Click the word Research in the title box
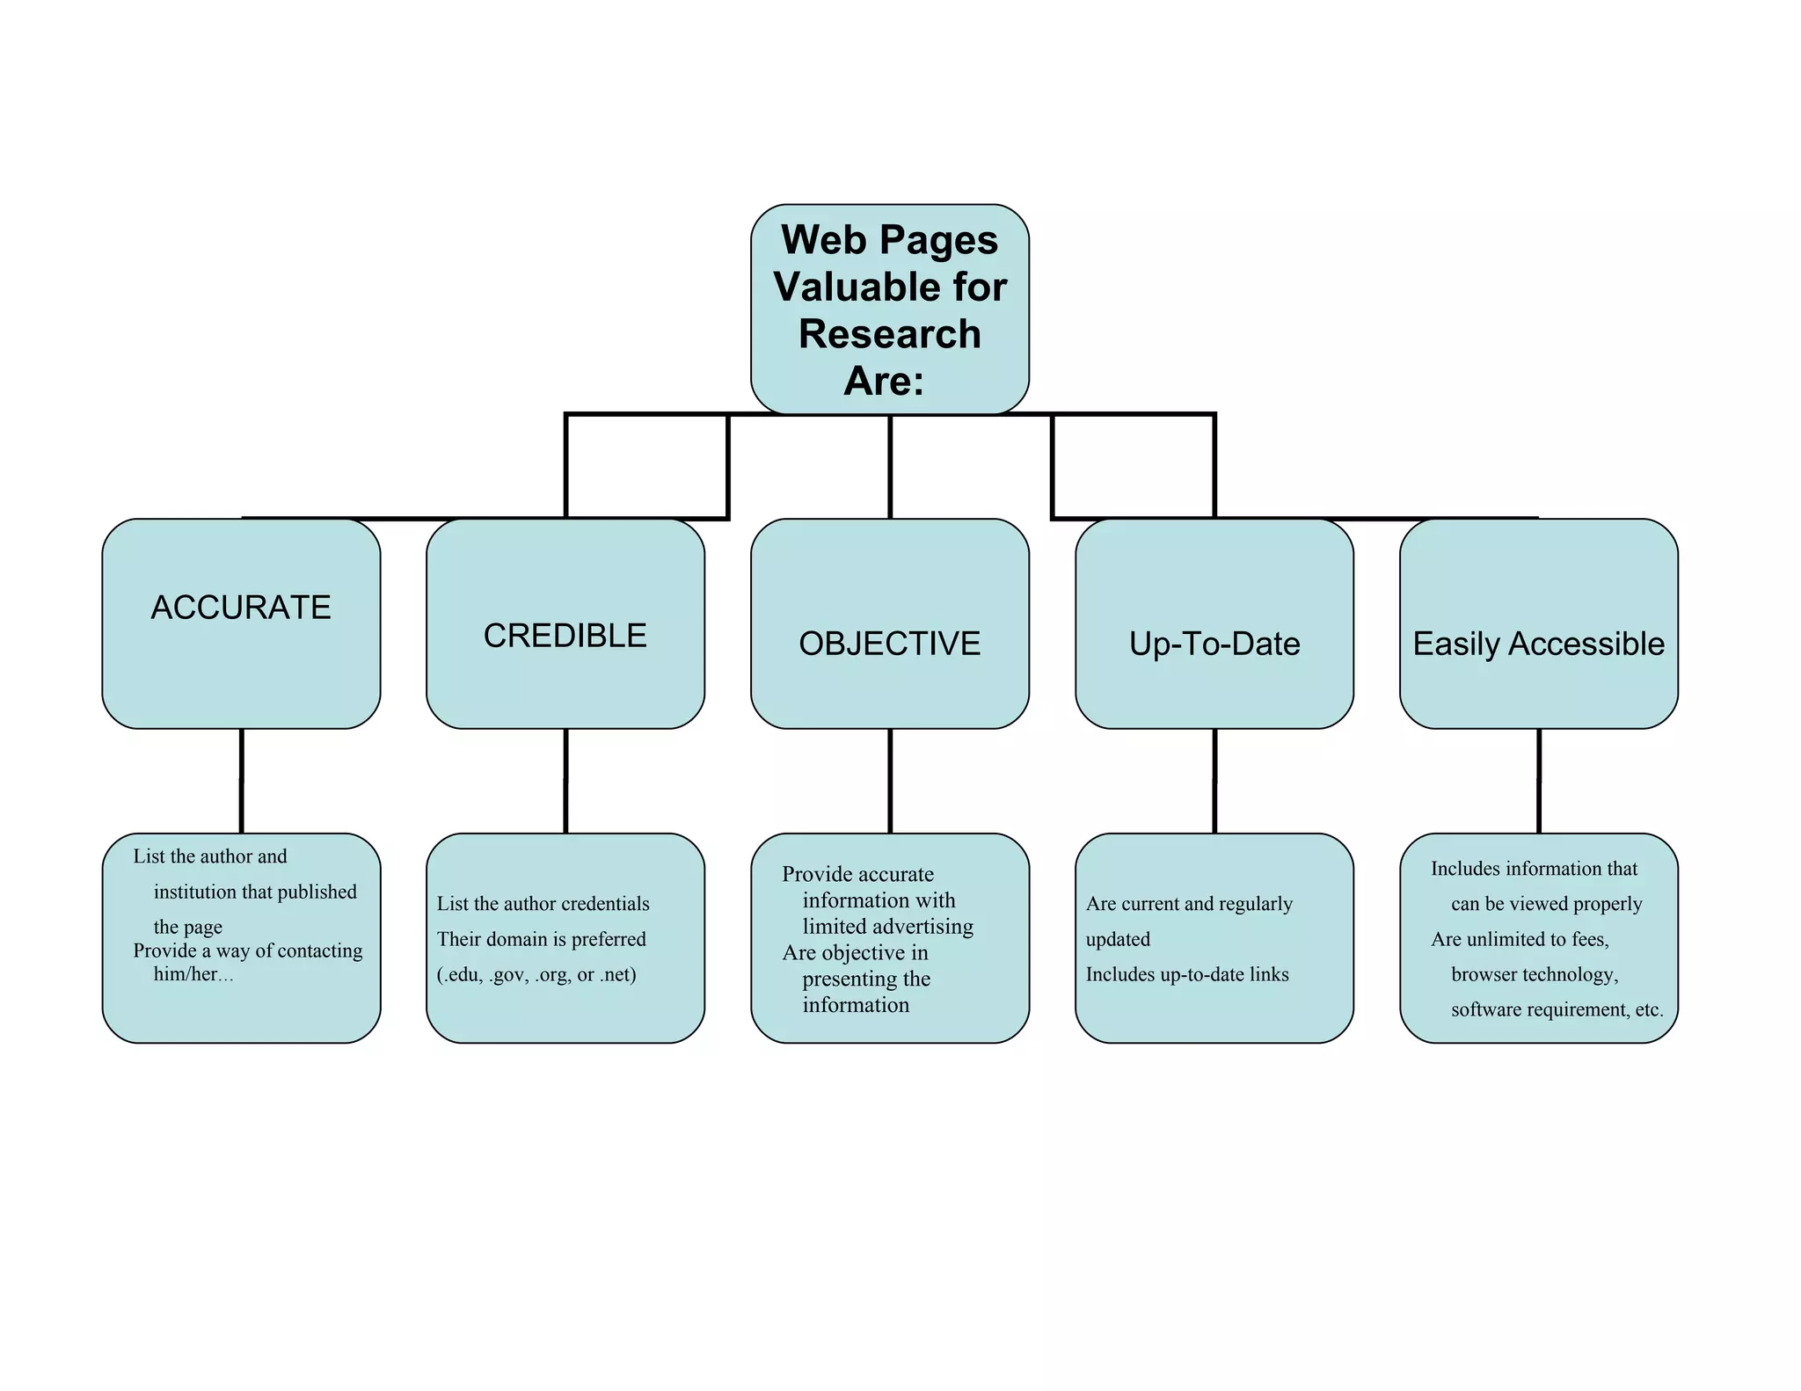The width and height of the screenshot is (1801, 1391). [x=889, y=334]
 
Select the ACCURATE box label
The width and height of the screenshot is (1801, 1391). [x=241, y=608]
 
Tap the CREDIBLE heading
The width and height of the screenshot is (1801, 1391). [x=565, y=636]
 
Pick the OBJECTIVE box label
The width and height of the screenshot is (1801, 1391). [x=889, y=644]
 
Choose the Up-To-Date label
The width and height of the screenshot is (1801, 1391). [x=1214, y=644]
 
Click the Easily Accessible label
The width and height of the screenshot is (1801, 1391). [x=1538, y=644]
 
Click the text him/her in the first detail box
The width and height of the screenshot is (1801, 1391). [x=186, y=974]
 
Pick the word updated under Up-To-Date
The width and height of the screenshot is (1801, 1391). [x=1118, y=939]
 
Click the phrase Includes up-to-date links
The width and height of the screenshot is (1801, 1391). [x=1187, y=974]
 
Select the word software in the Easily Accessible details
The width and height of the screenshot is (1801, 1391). [x=1485, y=1009]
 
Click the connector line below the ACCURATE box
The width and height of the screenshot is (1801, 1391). [x=241, y=781]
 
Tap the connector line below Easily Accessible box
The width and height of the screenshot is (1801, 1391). [x=1539, y=781]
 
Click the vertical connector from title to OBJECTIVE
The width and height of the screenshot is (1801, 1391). [x=890, y=466]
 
